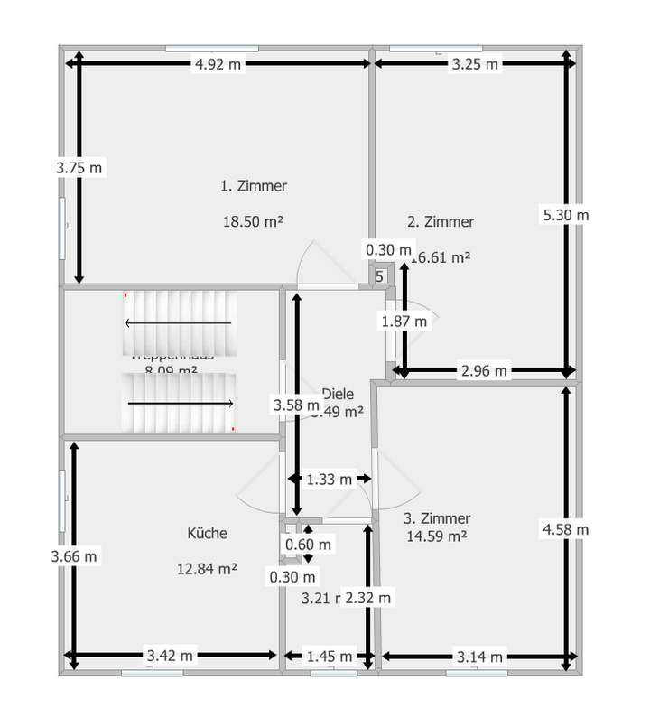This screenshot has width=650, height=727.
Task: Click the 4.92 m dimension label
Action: point(218,64)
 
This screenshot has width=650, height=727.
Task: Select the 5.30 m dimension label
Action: point(565,215)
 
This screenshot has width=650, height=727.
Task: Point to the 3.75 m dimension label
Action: point(79,167)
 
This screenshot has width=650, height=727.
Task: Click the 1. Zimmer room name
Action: point(254,186)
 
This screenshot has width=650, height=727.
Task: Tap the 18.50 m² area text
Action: point(254,220)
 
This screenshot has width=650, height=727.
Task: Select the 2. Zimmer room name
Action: point(441,221)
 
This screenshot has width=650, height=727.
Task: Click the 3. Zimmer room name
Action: point(438,518)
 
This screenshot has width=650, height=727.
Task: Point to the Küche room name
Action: point(208,533)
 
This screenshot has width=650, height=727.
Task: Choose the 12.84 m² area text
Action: point(208,568)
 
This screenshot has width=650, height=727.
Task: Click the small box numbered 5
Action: point(379,276)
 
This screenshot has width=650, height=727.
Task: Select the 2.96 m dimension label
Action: point(485,370)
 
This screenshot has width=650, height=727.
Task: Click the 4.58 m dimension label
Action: point(565,529)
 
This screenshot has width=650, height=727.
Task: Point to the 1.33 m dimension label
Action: point(328,480)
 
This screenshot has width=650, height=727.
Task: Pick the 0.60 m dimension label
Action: point(308,545)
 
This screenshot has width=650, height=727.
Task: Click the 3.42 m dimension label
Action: point(171,656)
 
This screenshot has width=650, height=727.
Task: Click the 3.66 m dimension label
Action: point(75,556)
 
